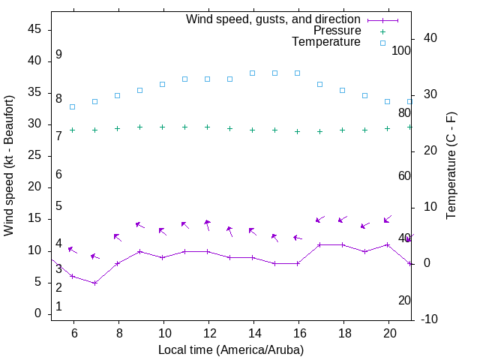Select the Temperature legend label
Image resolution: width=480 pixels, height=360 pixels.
click(x=325, y=42)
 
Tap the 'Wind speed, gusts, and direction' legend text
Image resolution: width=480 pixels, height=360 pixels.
click(x=273, y=19)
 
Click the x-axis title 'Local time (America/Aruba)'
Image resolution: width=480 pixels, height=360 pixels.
click(x=231, y=349)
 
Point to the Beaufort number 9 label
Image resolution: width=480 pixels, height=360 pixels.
click(x=58, y=55)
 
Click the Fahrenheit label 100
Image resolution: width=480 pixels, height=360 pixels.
click(x=401, y=50)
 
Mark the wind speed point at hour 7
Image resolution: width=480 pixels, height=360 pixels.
click(x=95, y=283)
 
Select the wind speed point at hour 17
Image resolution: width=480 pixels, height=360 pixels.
click(x=320, y=244)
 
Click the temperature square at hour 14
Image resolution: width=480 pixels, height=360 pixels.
click(x=253, y=73)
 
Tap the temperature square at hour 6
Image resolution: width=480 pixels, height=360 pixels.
click(x=73, y=106)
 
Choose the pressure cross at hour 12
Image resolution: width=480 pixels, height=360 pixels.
click(x=208, y=127)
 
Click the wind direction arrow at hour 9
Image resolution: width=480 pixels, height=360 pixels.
click(x=139, y=224)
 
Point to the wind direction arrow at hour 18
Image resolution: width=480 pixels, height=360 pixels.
click(x=342, y=220)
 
